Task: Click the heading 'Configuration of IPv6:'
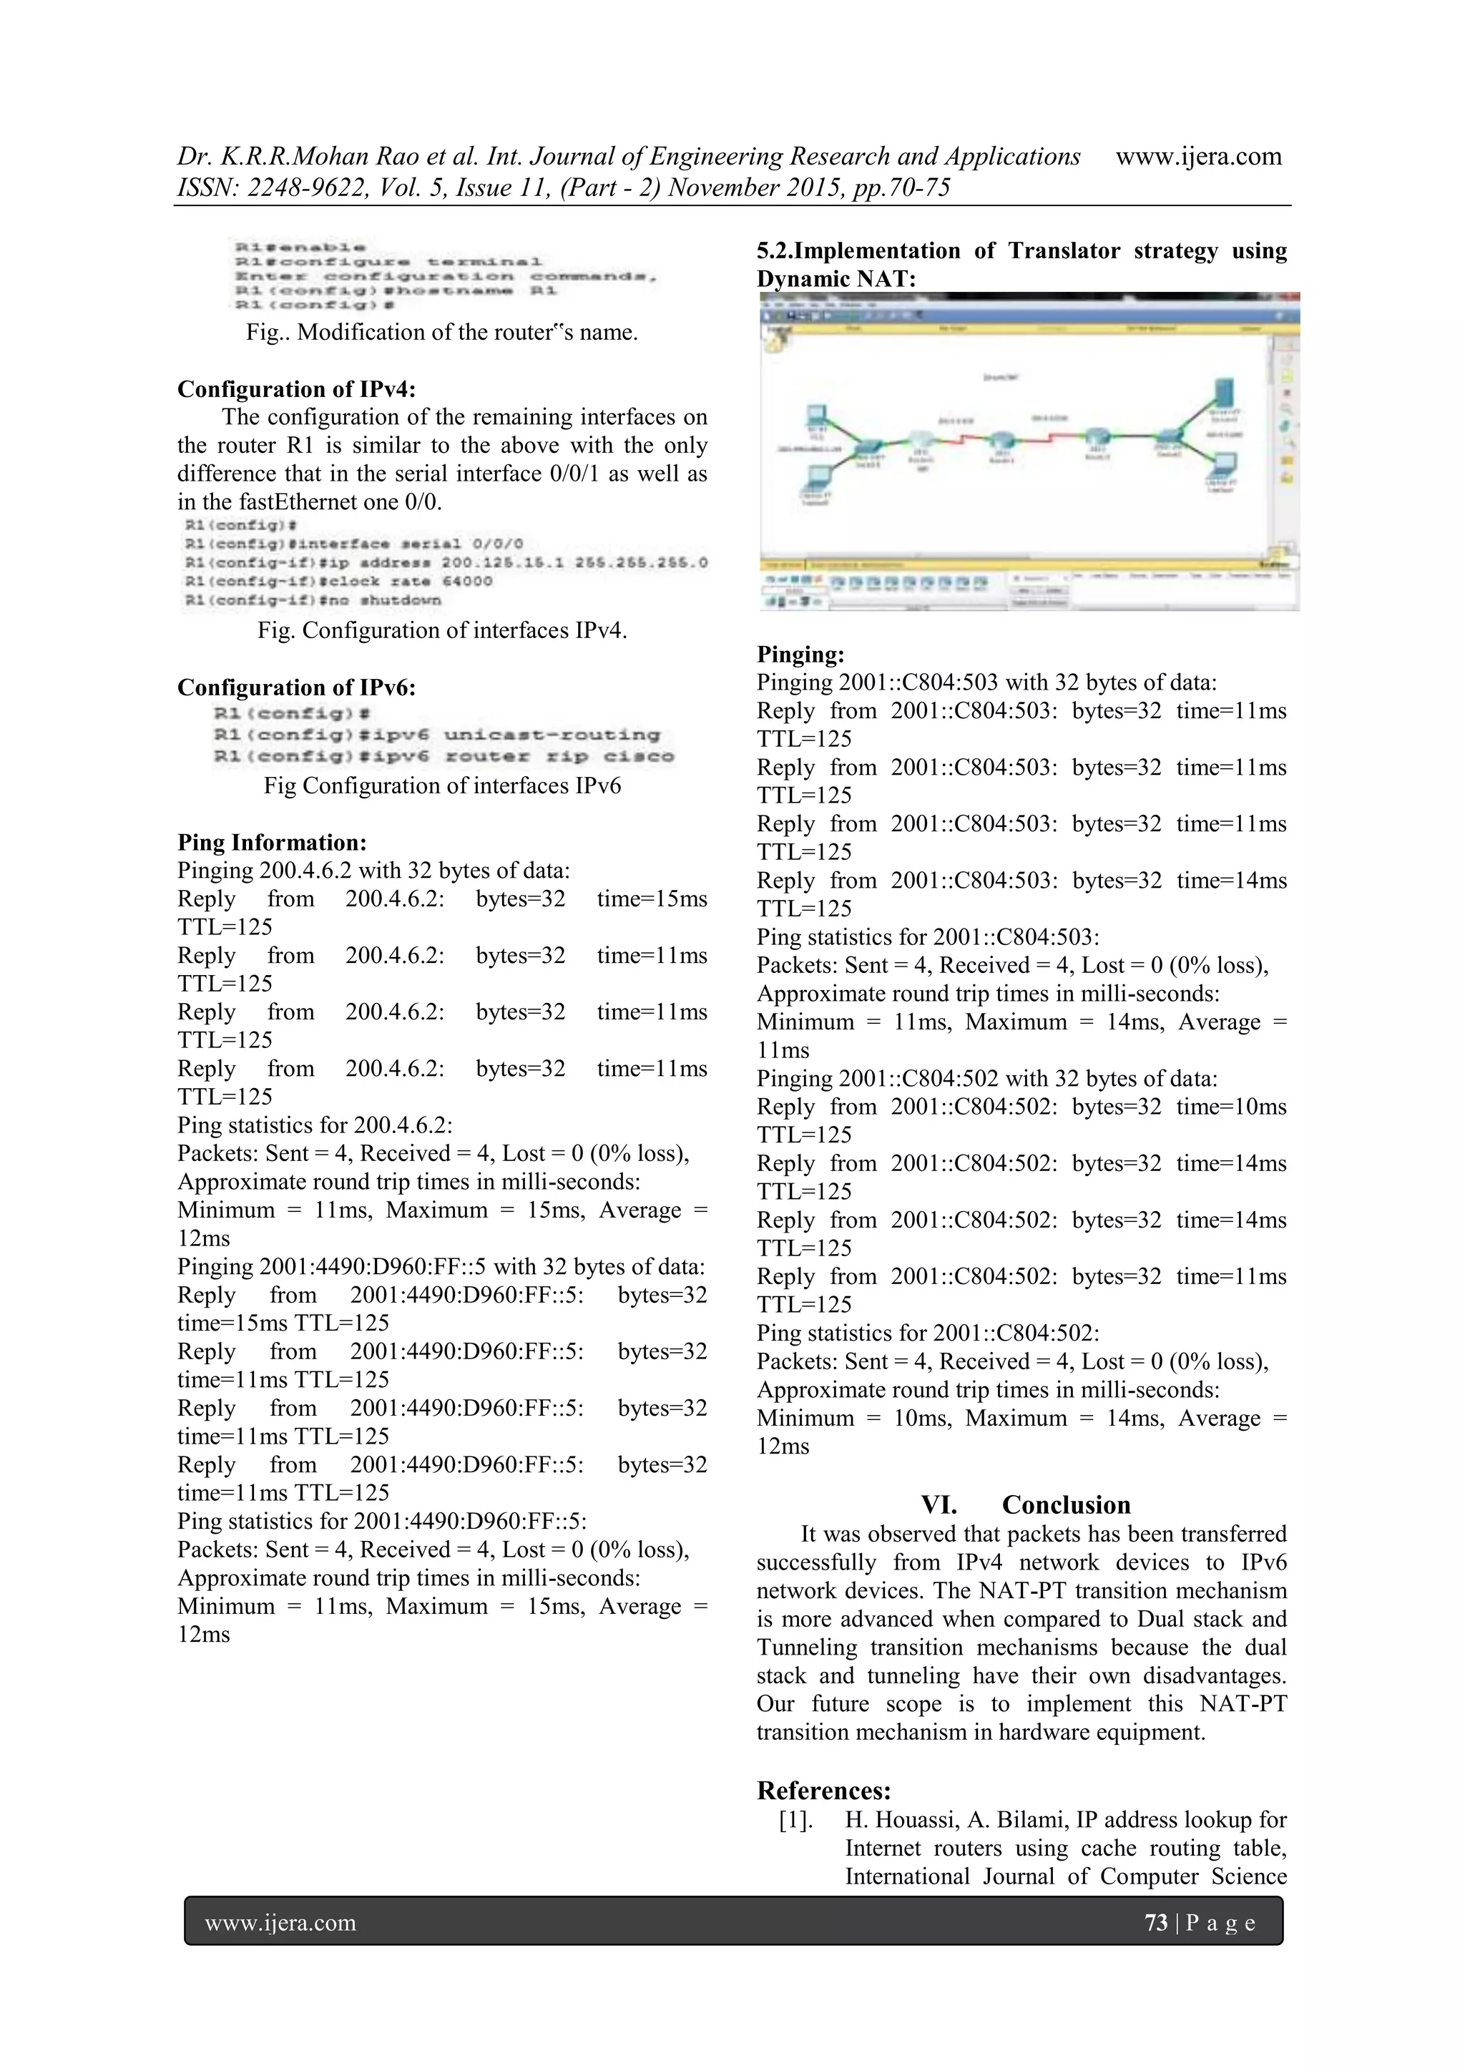tap(296, 687)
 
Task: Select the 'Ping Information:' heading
tap(272, 843)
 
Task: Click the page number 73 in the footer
tap(1155, 1922)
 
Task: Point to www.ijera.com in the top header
tap(1198, 156)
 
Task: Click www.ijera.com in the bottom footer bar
tap(280, 1922)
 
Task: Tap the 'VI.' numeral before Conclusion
tap(939, 1504)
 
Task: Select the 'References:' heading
tap(823, 1790)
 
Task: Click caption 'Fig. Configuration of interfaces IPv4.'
tap(442, 630)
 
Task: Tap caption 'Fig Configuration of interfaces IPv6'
tap(442, 785)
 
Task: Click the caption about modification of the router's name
tap(442, 332)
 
